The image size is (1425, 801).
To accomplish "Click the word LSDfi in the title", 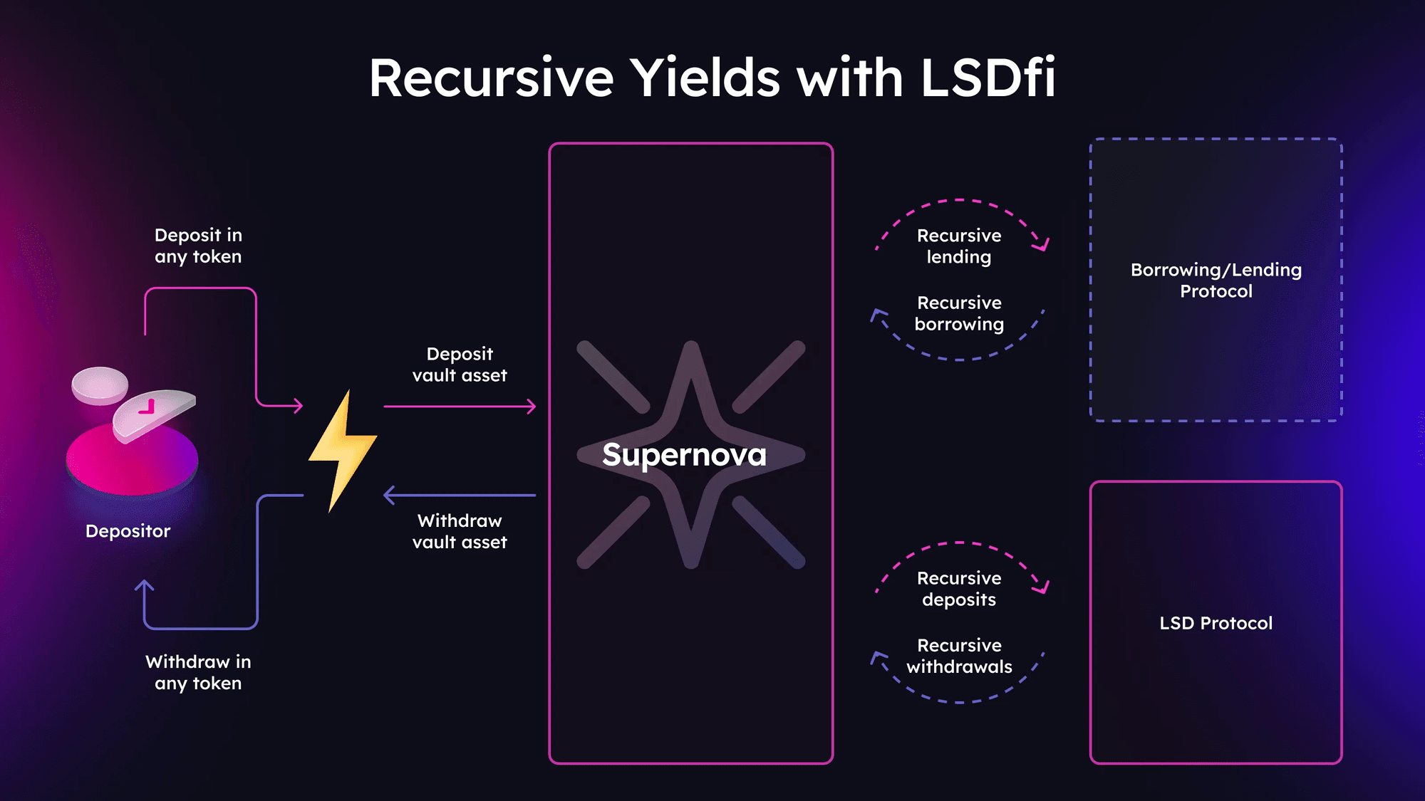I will coord(988,78).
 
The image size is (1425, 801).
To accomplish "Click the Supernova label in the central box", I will coord(684,455).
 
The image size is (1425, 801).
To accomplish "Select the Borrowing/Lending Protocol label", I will coord(1216,280).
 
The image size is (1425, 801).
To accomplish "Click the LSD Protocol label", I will coord(1216,623).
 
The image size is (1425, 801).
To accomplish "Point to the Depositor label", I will coord(128,531).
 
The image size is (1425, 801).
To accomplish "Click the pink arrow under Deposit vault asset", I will coord(460,407).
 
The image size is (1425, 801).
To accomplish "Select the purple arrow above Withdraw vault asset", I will coord(460,495).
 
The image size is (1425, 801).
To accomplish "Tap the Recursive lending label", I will coord(959,246).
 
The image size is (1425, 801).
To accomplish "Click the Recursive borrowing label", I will coord(959,313).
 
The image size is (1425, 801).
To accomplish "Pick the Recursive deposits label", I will coord(959,589).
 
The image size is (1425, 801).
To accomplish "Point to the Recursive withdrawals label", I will coord(959,656).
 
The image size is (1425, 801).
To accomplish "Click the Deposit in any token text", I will coord(198,246).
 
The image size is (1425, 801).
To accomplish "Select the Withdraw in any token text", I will coord(198,672).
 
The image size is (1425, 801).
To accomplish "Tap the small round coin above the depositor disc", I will coord(100,384).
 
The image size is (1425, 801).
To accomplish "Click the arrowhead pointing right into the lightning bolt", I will coord(298,406).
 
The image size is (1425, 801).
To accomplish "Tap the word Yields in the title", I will coord(705,78).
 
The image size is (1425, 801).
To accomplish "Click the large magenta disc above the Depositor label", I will coord(132,463).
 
